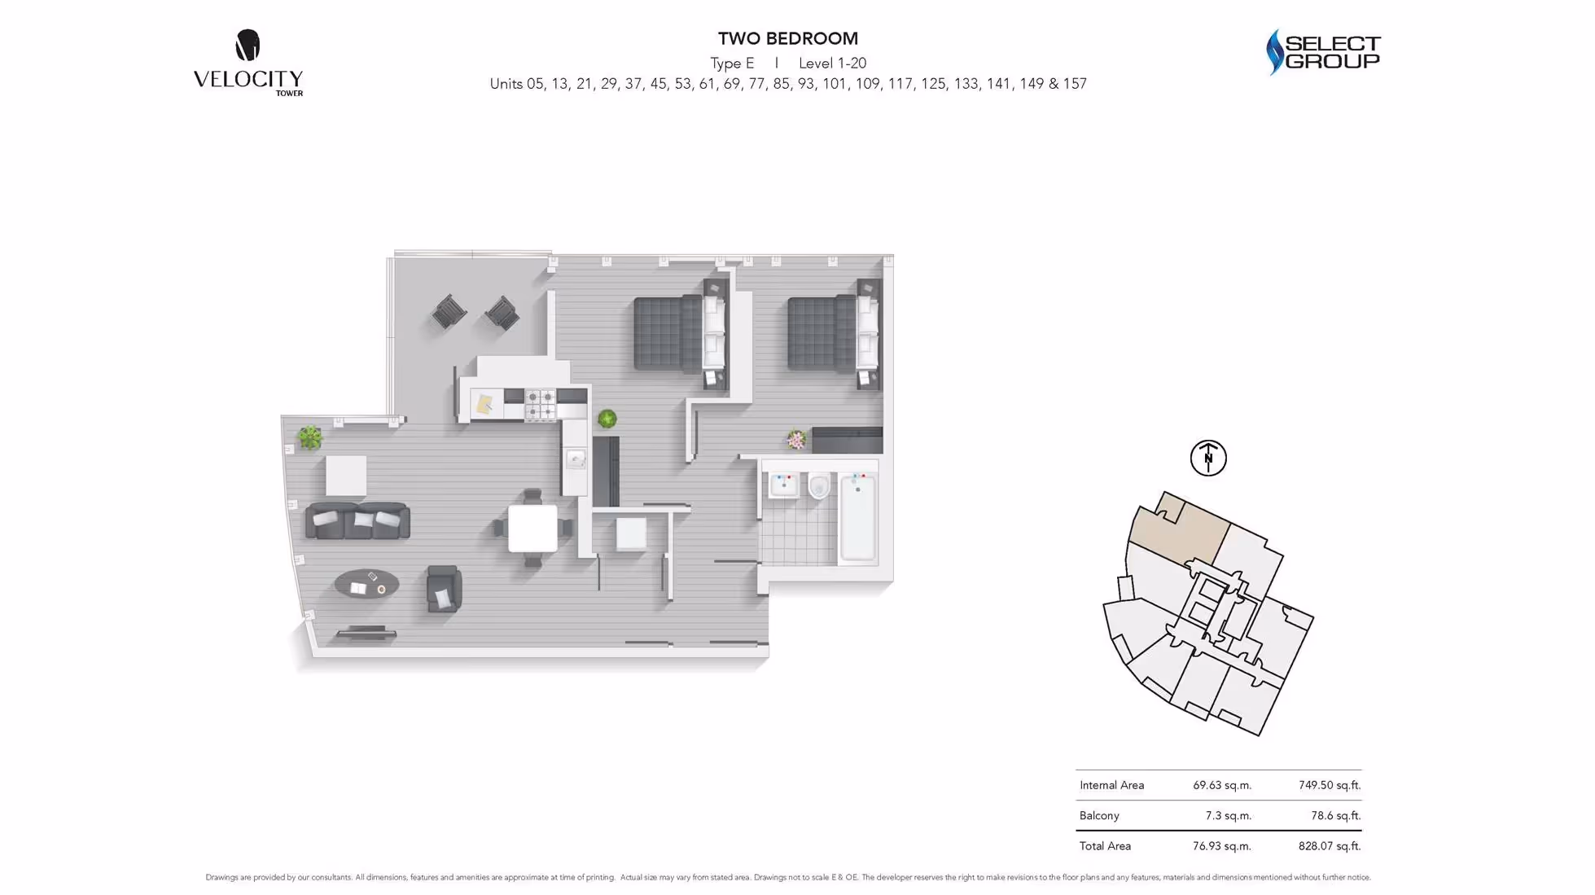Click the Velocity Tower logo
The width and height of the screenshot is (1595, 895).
click(x=248, y=63)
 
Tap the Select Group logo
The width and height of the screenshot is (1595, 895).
click(x=1323, y=52)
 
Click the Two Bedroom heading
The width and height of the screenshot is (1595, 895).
click(x=787, y=38)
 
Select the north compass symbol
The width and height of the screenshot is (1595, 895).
click(x=1208, y=458)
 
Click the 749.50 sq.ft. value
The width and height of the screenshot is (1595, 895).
click(x=1330, y=785)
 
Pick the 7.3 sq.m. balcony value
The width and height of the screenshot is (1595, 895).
click(x=1228, y=815)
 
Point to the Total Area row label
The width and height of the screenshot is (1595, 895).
click(x=1105, y=846)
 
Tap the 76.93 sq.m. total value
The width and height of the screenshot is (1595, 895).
click(x=1221, y=846)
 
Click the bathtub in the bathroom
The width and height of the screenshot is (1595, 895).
click(x=857, y=516)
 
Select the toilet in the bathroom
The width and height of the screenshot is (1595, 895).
click(x=819, y=486)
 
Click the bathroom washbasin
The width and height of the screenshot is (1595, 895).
click(x=784, y=485)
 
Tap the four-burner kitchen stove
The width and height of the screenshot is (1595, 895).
click(x=540, y=405)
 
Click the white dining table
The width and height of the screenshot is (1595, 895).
click(x=532, y=529)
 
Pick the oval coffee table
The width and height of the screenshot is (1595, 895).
click(x=367, y=583)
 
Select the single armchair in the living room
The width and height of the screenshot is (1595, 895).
click(x=444, y=588)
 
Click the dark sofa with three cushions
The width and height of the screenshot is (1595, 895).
click(x=357, y=521)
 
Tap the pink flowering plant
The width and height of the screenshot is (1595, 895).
click(x=796, y=441)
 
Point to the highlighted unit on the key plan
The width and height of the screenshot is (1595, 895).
click(x=1178, y=530)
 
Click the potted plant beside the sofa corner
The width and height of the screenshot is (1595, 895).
click(x=309, y=437)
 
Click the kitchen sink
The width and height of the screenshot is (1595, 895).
click(x=576, y=460)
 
